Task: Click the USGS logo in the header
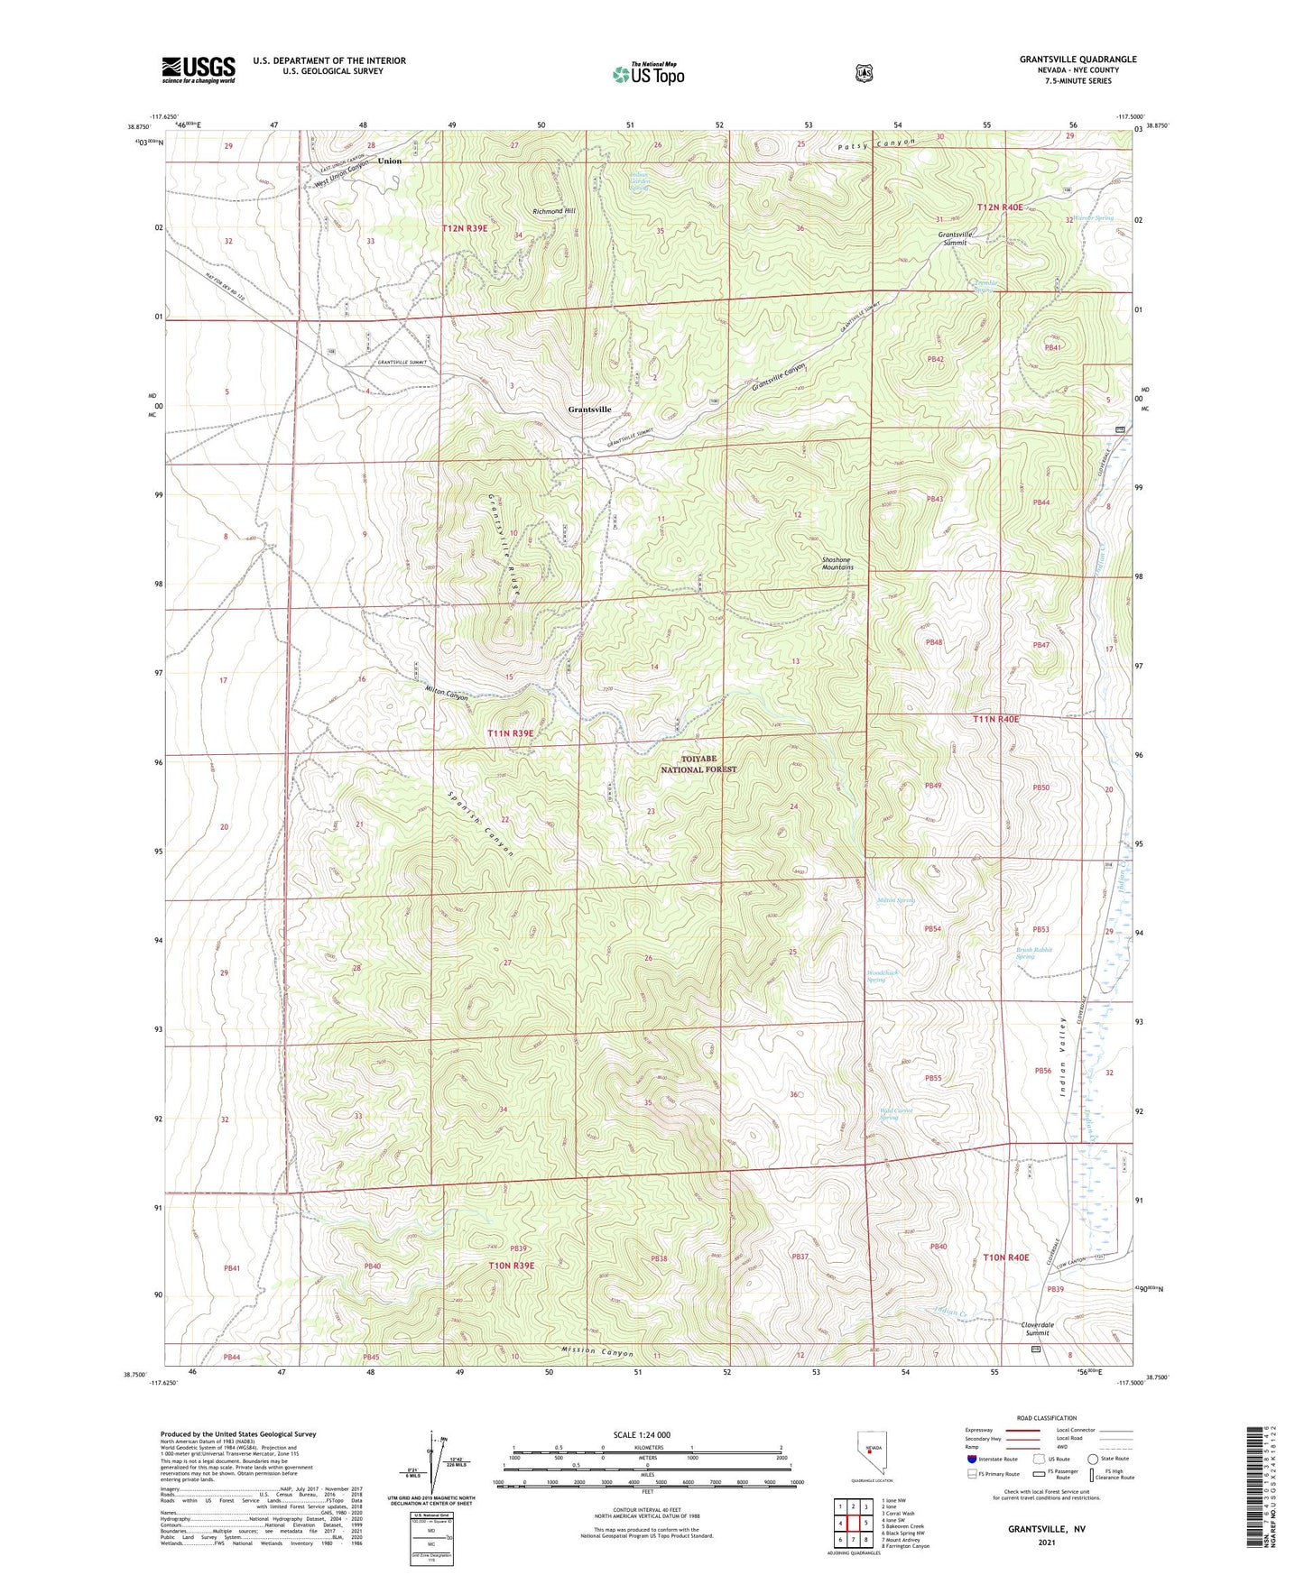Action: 199,69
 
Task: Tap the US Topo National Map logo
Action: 648,74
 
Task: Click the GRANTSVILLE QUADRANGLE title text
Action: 1077,60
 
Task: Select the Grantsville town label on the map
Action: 589,410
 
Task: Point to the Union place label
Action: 389,161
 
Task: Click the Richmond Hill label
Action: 553,211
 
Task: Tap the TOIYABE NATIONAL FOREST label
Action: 698,765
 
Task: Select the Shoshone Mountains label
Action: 837,564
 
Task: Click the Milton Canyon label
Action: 447,695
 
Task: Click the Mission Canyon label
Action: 590,1353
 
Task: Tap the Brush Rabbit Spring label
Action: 1033,953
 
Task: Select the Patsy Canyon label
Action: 875,143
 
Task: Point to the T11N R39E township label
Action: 511,733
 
